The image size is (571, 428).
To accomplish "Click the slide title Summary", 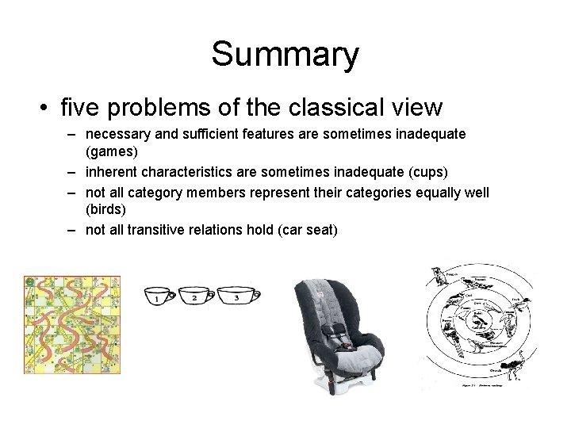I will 285,54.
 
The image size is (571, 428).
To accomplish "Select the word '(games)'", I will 111,150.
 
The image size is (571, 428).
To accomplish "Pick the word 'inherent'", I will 115,171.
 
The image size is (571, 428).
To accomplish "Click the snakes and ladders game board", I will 72,324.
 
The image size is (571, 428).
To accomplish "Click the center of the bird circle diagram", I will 477,321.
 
